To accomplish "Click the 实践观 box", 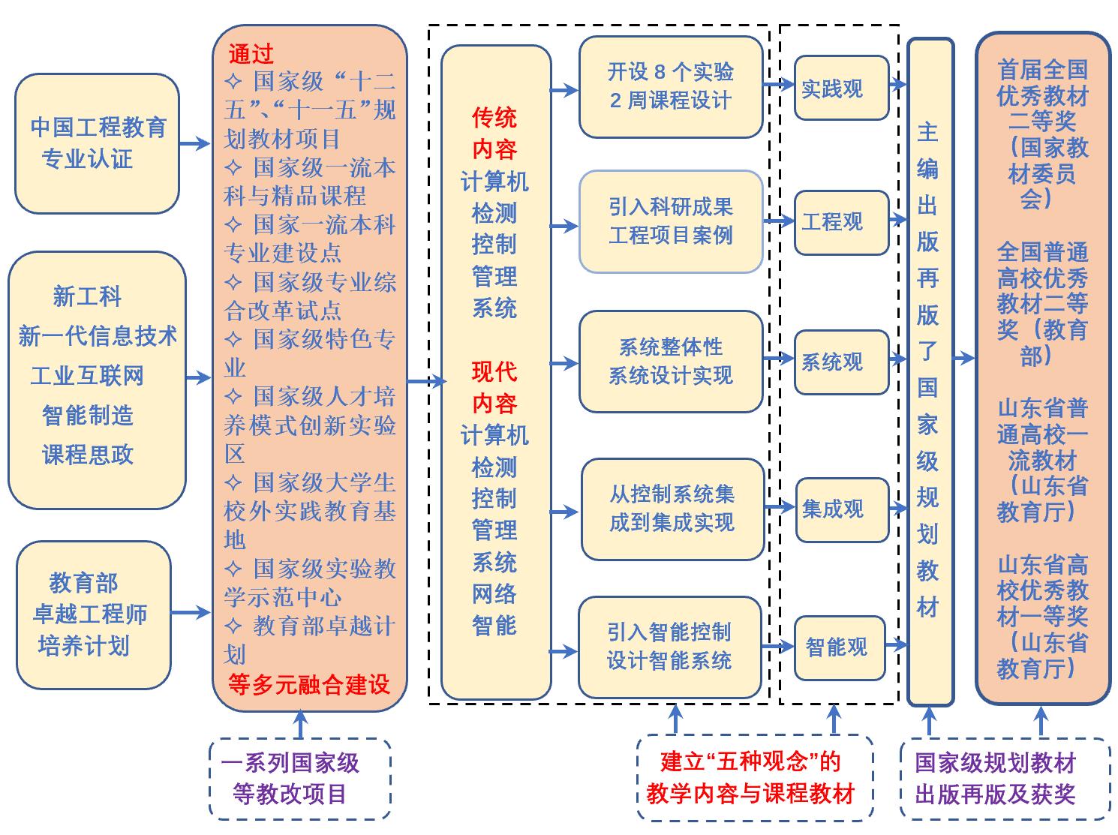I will tap(840, 88).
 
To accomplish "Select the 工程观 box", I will tap(840, 222).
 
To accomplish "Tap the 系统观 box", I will tap(840, 362).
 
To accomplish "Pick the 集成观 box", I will tap(841, 509).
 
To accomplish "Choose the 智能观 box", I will tap(840, 647).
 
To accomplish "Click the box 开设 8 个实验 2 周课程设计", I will tap(670, 87).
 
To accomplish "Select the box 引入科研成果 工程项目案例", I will tap(670, 221).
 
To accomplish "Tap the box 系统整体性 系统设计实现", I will tap(670, 362).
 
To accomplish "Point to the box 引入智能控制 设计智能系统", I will tap(670, 647).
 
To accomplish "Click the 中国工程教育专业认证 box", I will tap(97, 143).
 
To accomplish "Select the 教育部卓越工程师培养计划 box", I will tap(93, 614).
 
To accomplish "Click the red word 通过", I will tap(251, 54).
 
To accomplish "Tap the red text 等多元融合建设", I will tap(309, 684).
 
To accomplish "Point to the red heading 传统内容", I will tap(494, 133).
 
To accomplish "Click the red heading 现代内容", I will tap(494, 387).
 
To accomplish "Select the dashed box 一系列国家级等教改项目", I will tap(299, 779).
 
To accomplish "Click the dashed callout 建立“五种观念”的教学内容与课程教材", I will tap(754, 778).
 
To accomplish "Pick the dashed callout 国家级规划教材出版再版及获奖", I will tap(1005, 779).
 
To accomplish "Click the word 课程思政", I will tap(88, 454).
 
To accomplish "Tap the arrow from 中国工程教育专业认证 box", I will tap(195, 143).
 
